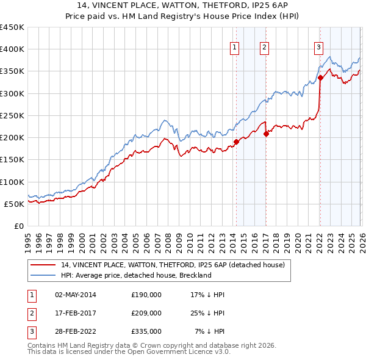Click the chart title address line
[x=182, y=5]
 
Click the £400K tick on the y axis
[x=12, y=49]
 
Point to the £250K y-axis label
[x=12, y=115]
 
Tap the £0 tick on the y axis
[x=20, y=226]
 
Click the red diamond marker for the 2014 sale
[x=236, y=142]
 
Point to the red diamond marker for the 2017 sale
[x=266, y=134]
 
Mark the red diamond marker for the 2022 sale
[x=320, y=78]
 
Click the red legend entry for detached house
[x=173, y=265]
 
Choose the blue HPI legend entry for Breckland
[x=135, y=275]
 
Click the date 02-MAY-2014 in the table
[x=75, y=295]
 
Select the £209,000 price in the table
[x=146, y=313]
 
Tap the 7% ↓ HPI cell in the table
[x=210, y=331]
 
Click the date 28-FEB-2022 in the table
[x=75, y=331]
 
